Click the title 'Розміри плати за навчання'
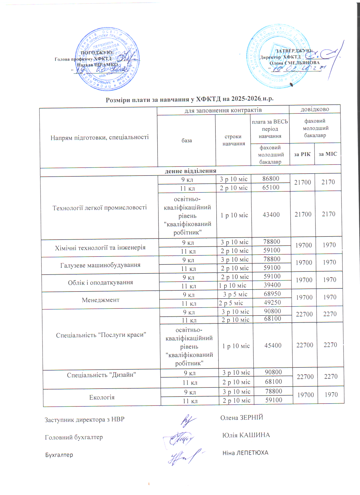[189, 99]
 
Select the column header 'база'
[187, 141]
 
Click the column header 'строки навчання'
[233, 140]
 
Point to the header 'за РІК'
[302, 154]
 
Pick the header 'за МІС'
[328, 154]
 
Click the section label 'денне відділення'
[191, 171]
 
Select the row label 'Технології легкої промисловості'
[100, 208]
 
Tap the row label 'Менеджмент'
[101, 300]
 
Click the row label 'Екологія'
[102, 397]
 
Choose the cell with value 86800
[271, 179]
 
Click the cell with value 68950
[272, 294]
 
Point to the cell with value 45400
[273, 345]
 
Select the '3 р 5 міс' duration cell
[235, 294]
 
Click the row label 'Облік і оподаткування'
[101, 282]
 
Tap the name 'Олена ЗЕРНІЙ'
[242, 417]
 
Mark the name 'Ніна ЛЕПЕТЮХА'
[245, 453]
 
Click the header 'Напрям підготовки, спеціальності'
[99, 137]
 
